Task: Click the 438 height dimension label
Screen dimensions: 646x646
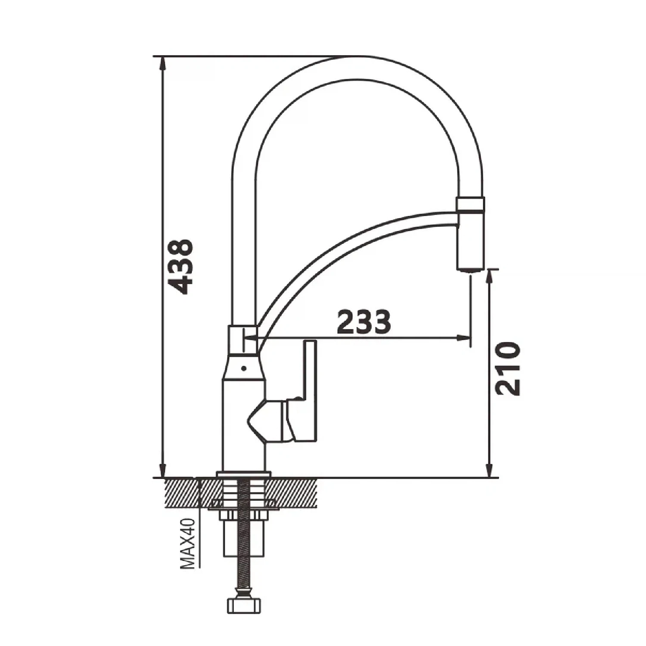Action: (x=180, y=267)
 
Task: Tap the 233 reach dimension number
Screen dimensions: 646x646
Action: (x=364, y=322)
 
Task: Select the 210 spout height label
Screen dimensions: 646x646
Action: (x=508, y=369)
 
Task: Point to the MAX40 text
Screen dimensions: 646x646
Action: (x=188, y=544)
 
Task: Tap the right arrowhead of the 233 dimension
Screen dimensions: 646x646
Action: (x=463, y=338)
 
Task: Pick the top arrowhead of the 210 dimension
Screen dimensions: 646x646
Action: (x=489, y=277)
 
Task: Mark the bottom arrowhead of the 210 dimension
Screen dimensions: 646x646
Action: (x=489, y=470)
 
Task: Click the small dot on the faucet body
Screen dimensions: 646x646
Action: (x=244, y=368)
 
